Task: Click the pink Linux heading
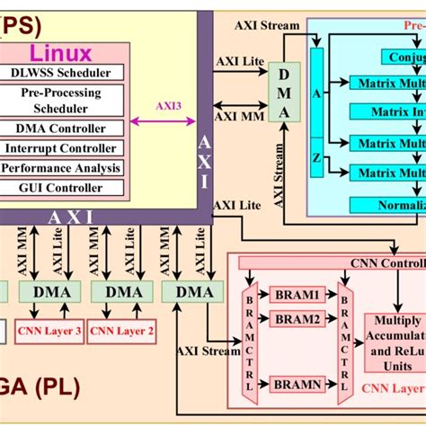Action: [x=62, y=53]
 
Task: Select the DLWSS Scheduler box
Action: [x=65, y=73]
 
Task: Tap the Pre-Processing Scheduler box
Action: [x=65, y=100]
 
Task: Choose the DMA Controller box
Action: [x=65, y=129]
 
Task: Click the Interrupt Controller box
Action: [x=65, y=148]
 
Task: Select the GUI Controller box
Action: [x=65, y=188]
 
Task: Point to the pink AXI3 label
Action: [x=168, y=104]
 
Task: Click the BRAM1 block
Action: [x=297, y=295]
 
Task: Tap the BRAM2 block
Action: [x=297, y=319]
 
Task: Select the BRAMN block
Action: [x=297, y=384]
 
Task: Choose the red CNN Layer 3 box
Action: [x=50, y=332]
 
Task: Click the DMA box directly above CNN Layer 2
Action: [x=123, y=291]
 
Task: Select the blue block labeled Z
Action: [x=316, y=156]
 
